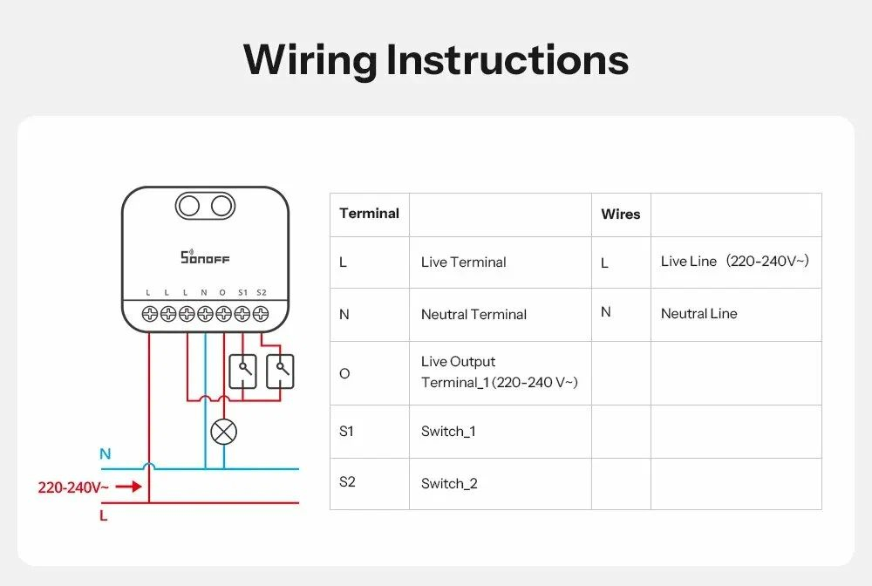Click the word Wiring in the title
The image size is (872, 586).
[x=309, y=60]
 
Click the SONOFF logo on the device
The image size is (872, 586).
[x=205, y=257]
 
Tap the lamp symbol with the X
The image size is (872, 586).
[x=224, y=431]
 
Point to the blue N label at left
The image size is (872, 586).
[x=106, y=454]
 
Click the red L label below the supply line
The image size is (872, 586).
[x=104, y=516]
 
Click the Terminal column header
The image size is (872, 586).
[x=369, y=214]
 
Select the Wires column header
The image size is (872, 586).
[x=621, y=214]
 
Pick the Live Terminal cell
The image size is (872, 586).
[x=463, y=262]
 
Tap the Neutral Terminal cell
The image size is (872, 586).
[x=473, y=315]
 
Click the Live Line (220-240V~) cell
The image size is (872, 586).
[x=735, y=262]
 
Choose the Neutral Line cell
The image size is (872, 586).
[x=698, y=314]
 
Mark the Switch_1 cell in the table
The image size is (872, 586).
[x=448, y=432]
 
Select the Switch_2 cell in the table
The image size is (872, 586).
[x=449, y=484]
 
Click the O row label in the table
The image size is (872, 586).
[x=344, y=374]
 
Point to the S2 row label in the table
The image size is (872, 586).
[x=347, y=482]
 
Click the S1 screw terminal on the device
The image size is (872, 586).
[x=242, y=313]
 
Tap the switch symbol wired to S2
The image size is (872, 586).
[x=280, y=371]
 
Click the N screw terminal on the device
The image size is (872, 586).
[x=205, y=313]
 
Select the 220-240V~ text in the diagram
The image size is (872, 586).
[x=73, y=487]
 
